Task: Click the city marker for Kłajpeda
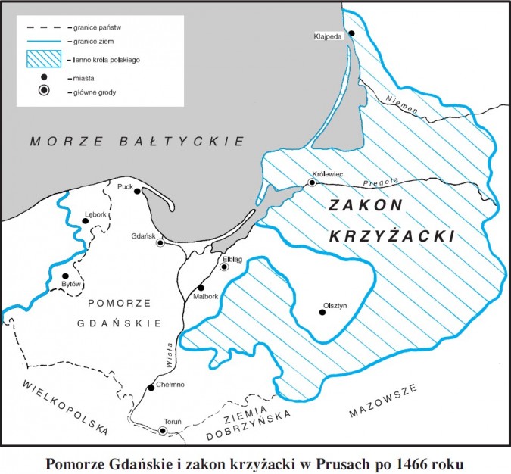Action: [x=351, y=33]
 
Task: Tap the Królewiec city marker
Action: [x=312, y=182]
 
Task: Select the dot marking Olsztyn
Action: [x=322, y=313]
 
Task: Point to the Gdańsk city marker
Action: [x=160, y=243]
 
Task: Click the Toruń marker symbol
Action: [x=162, y=431]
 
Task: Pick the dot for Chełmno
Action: [x=151, y=388]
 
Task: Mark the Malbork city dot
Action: [x=201, y=288]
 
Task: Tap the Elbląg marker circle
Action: [x=224, y=267]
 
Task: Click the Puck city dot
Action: [x=137, y=191]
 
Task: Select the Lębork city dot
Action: [x=86, y=221]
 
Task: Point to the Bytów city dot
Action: [x=66, y=276]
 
